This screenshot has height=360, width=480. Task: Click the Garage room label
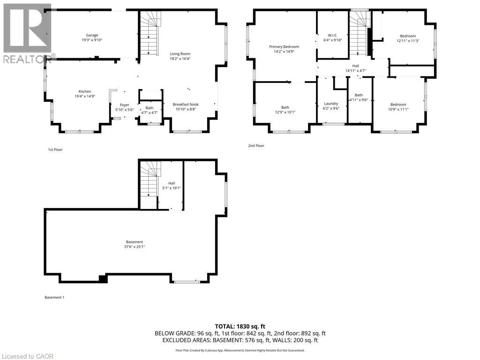pos(92,35)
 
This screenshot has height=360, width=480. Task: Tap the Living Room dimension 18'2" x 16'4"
pos(180,59)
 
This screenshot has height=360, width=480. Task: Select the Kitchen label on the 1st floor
pos(85,91)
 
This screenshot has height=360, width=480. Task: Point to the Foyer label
pos(124,105)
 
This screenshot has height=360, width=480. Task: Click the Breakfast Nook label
pos(186,105)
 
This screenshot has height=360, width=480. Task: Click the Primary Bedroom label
pos(284,47)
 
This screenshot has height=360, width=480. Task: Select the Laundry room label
pos(331,104)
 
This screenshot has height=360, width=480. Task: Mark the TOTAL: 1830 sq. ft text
pos(240,326)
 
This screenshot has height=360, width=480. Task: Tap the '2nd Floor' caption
pos(256,146)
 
